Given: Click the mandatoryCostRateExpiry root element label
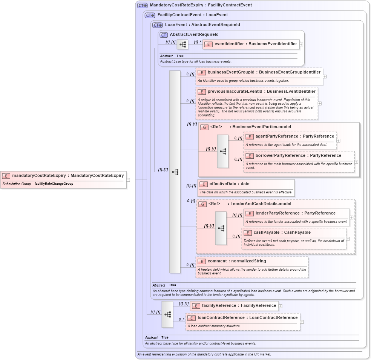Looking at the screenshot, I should (68, 175).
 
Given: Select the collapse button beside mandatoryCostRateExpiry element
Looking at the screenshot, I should (128, 180).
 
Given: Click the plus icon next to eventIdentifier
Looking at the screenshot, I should (301, 44).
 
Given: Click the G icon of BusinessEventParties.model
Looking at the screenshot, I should (204, 127).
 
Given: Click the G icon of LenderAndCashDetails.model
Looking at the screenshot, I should (202, 204).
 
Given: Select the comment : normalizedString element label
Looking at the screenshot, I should (236, 261).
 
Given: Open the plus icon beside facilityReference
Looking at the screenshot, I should (281, 306).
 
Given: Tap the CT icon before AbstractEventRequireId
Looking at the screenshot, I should (163, 35).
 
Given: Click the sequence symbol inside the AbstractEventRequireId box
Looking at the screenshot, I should (182, 44).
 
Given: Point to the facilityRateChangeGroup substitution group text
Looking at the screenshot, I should (54, 184).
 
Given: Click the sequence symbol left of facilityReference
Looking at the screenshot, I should (167, 314).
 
